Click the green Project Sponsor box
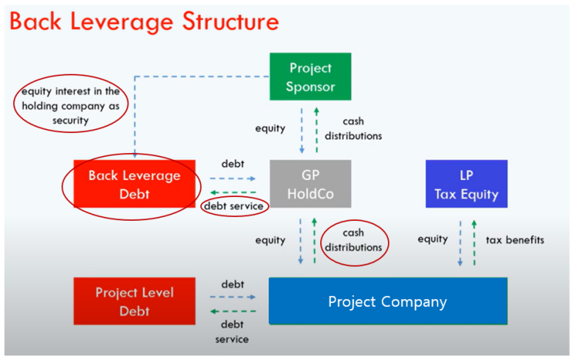point(310,76)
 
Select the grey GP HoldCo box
point(310,184)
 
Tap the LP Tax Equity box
point(467,184)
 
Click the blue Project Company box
point(387,301)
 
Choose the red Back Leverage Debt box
point(134,185)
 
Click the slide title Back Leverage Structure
point(144,22)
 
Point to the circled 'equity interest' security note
point(70,105)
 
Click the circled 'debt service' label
point(234,206)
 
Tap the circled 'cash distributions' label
point(353,240)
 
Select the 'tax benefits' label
point(514,240)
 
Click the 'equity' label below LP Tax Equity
point(433,239)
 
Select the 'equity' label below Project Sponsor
point(270,129)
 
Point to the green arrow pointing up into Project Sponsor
point(316,129)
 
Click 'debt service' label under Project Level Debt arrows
point(232,332)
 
